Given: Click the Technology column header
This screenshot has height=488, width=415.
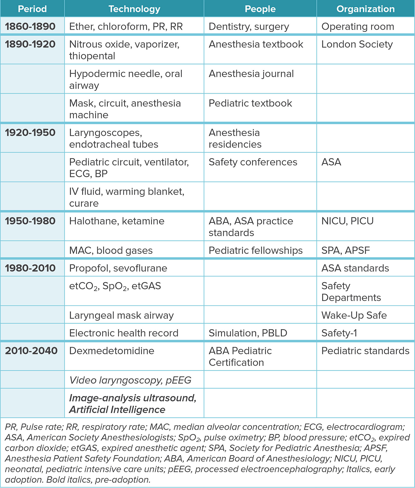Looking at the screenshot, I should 134,9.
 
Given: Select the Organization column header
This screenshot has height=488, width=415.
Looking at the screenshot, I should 365,9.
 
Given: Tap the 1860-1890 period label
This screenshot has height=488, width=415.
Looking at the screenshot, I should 30,26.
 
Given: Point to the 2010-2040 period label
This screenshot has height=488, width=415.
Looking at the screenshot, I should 31,351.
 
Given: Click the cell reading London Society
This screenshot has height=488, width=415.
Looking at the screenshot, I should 357,44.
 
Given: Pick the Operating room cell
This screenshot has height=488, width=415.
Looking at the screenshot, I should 358,26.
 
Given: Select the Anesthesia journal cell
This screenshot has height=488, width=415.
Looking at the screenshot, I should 251,74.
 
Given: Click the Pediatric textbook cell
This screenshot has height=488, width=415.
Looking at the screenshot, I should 250,103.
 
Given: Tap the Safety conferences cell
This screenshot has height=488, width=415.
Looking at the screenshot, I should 253,162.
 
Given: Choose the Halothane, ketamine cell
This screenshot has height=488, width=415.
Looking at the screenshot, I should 117,221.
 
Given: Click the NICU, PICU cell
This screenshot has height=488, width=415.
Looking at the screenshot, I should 347,221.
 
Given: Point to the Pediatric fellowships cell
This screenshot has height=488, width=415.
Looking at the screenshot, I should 255,250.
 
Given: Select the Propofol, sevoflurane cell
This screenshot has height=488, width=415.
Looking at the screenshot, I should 118,268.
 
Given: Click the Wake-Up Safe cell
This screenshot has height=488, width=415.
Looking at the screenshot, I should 354,315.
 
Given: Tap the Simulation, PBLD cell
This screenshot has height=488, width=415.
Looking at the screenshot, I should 248,333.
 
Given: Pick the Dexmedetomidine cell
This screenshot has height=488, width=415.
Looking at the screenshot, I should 112,351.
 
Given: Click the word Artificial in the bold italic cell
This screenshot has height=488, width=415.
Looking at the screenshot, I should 88,410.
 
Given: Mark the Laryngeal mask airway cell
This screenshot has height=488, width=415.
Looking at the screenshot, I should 121,315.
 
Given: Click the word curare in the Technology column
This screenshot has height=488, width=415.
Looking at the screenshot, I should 84,203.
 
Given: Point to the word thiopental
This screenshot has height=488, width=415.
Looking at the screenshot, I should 92,56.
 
